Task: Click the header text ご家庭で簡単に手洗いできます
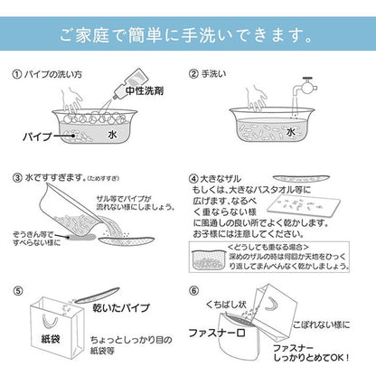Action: tap(187, 38)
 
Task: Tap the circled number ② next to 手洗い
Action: tap(193, 75)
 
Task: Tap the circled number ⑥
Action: tap(193, 292)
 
